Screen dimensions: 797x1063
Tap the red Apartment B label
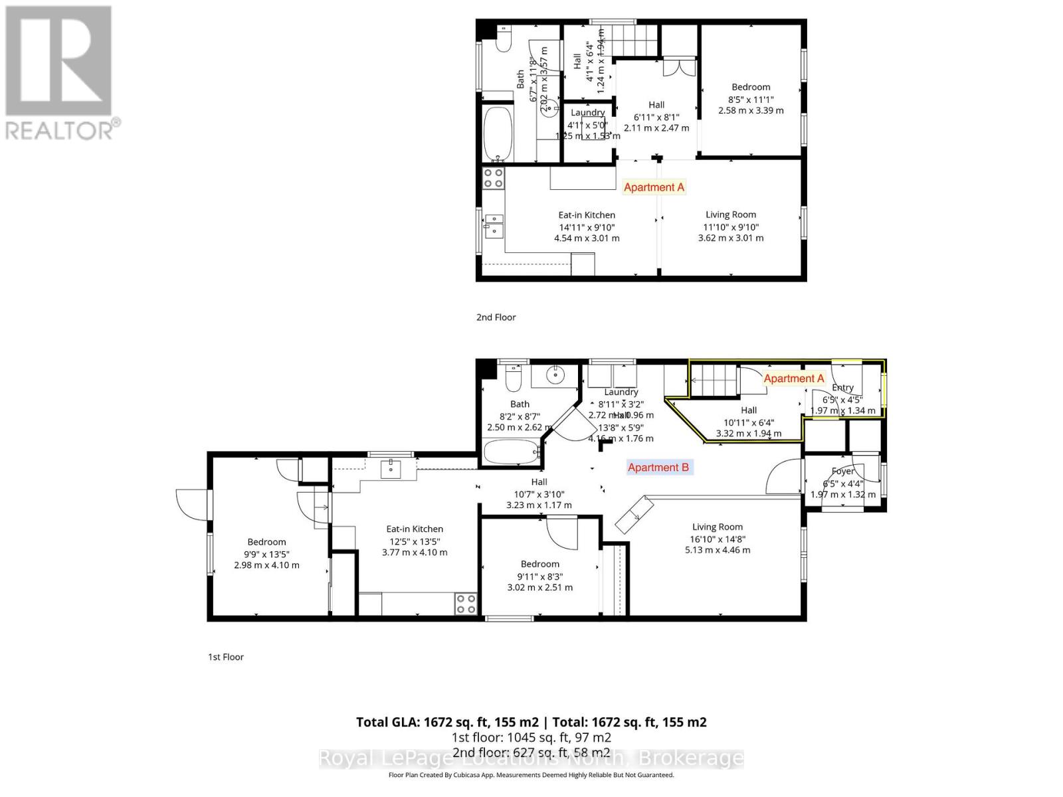pos(658,468)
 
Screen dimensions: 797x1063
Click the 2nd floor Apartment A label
pos(654,187)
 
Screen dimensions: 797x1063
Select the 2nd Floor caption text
pos(496,317)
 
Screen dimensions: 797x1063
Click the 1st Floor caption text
pos(226,657)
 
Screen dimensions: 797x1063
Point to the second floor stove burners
pos(493,177)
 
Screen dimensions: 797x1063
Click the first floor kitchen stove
pos(466,604)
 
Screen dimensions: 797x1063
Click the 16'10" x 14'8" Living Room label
pos(718,539)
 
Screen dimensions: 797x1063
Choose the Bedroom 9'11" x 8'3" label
pos(539,576)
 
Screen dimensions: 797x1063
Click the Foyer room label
pos(843,472)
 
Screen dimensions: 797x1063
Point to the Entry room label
pos(842,388)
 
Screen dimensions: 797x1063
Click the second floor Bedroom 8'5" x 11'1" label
pos(751,99)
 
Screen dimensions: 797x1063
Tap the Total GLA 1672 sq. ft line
pos(531,722)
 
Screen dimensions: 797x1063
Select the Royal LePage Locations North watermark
pos(531,758)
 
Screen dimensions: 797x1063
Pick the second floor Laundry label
pos(587,113)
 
